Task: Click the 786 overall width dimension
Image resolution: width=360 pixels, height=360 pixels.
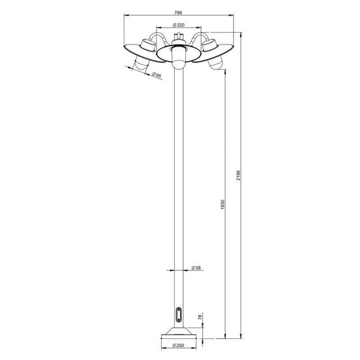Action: coord(178,12)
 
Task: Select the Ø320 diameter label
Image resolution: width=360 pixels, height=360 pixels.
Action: coord(179,25)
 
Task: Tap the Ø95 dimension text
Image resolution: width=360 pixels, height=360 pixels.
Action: coord(157,75)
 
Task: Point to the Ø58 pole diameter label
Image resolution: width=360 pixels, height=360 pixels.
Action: coord(196,268)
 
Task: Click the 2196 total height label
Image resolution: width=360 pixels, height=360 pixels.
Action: coord(238,175)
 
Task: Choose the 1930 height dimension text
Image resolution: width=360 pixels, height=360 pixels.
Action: coord(223,205)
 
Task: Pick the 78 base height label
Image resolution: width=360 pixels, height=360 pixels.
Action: coord(200,317)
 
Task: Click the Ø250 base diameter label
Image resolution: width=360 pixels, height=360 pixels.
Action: coord(179,346)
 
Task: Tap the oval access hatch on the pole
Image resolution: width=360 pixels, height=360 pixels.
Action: coord(179,314)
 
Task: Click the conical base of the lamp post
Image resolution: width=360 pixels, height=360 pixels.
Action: coord(179,331)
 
